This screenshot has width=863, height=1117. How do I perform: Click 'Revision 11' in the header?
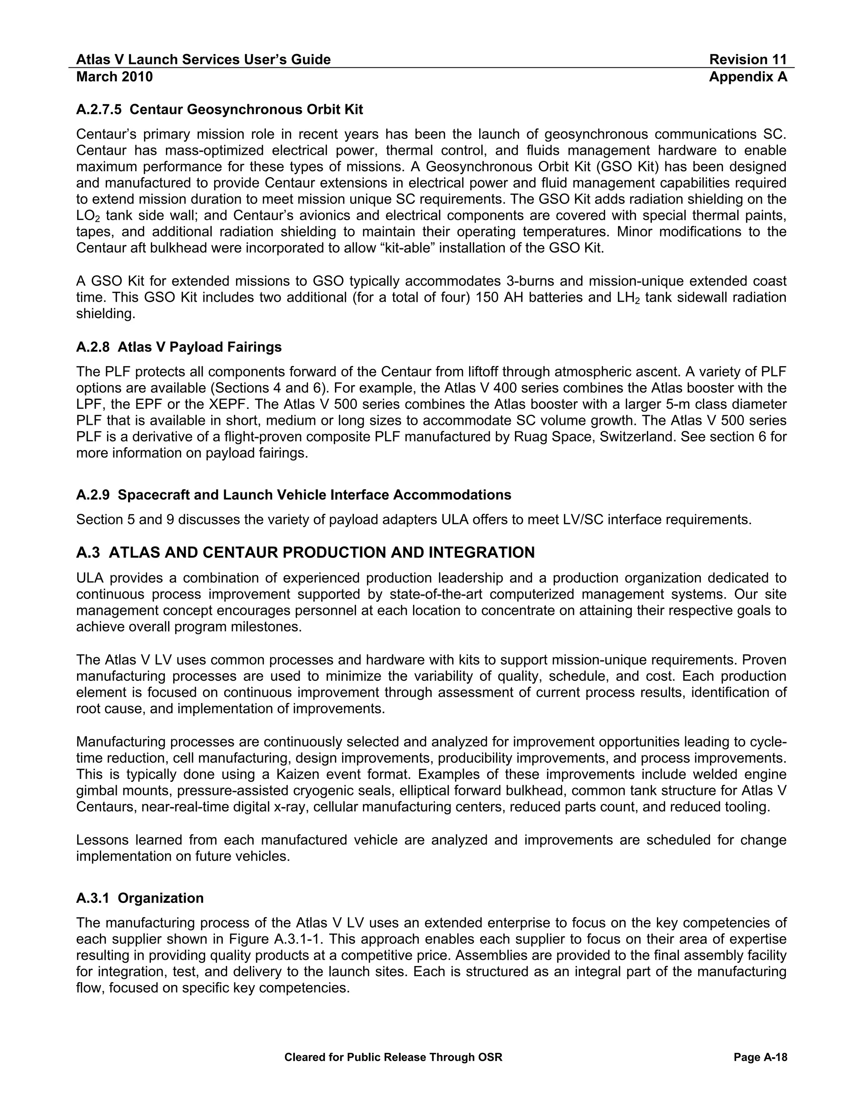pyautogui.click(x=748, y=60)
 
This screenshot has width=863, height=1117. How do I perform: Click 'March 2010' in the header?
pyautogui.click(x=115, y=77)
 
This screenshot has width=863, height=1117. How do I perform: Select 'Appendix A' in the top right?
pyautogui.click(x=748, y=77)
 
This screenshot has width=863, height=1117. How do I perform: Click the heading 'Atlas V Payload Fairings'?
pyautogui.click(x=199, y=347)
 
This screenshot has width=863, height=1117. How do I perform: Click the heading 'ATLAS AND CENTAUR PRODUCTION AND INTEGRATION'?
pyautogui.click(x=322, y=553)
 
